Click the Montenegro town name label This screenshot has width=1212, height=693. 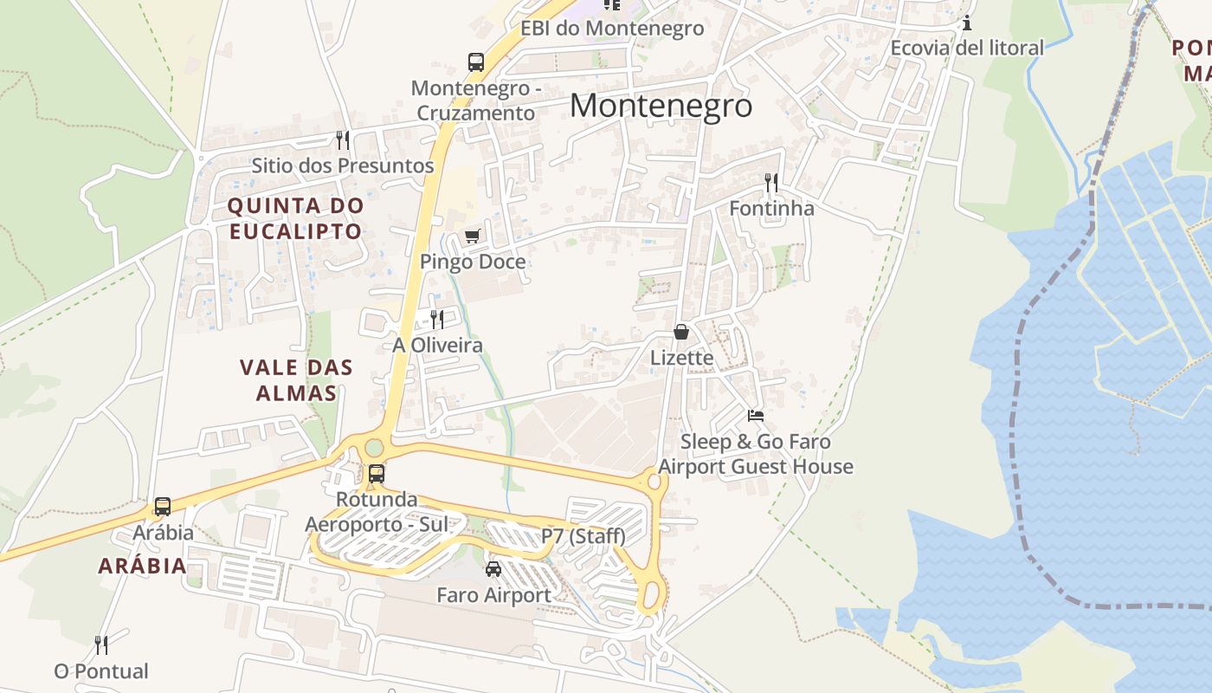tap(661, 106)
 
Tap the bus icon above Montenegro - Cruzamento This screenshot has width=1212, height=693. tap(476, 62)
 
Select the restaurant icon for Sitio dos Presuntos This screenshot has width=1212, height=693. tap(343, 139)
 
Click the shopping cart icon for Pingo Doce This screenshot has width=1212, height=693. tap(472, 236)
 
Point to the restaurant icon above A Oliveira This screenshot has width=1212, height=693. tap(437, 320)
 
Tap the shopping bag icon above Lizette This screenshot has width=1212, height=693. tap(681, 332)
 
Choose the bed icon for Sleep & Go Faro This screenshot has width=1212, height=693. tap(756, 416)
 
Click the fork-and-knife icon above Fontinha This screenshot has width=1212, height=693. tap(771, 183)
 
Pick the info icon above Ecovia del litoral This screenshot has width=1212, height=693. tap(967, 23)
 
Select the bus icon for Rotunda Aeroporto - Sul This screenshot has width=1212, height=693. tap(377, 474)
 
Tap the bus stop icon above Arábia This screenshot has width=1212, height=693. tap(163, 507)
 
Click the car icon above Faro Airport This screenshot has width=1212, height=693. tap(493, 569)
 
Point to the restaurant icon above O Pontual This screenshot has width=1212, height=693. tap(101, 645)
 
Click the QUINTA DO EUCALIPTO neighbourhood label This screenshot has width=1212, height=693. tap(294, 218)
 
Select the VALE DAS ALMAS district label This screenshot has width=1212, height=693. tap(296, 379)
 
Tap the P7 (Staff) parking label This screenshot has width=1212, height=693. tap(583, 536)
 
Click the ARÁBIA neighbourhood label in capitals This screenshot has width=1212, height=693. tap(142, 567)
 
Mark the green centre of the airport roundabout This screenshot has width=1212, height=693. tap(374, 447)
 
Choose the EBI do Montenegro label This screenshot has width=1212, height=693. tap(612, 28)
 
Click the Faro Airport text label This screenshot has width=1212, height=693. tap(493, 595)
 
